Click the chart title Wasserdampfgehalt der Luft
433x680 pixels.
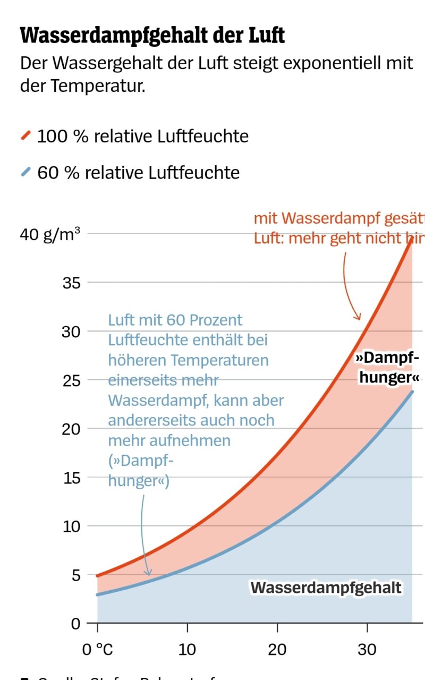[x=152, y=36]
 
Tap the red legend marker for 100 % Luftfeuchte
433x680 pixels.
[x=26, y=136]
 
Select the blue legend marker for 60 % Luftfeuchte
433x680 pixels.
[x=26, y=172]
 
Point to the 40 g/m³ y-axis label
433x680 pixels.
[x=50, y=234]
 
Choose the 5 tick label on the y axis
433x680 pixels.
[x=76, y=575]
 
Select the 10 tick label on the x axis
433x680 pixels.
[x=188, y=649]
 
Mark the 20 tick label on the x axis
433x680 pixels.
[x=277, y=649]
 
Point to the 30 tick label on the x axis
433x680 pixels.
[x=367, y=649]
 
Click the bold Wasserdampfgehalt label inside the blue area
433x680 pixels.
[x=326, y=588]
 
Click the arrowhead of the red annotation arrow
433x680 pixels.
[x=358, y=318]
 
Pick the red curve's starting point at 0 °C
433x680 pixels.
[x=98, y=575]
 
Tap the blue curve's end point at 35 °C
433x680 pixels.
[x=412, y=392]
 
